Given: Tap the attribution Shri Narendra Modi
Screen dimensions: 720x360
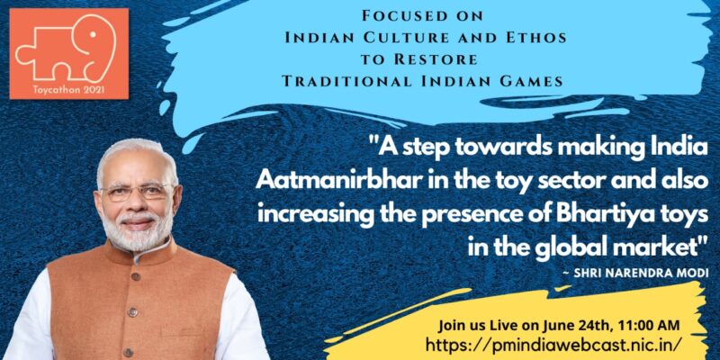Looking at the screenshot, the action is (634, 274).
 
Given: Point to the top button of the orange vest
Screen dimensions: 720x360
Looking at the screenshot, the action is (135, 277).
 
